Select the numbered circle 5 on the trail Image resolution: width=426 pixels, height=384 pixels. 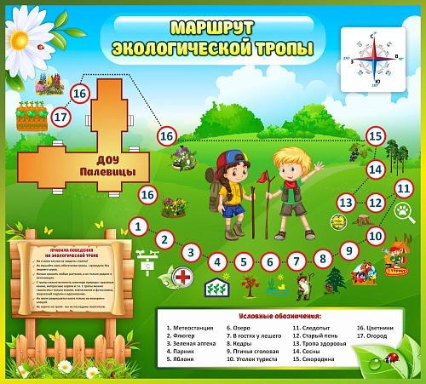(244, 263)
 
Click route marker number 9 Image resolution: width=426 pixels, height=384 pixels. (348, 250)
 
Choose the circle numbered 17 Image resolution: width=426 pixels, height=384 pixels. (60, 117)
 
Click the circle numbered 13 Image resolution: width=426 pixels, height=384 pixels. (345, 203)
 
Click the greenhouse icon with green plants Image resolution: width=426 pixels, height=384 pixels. (217, 287)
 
